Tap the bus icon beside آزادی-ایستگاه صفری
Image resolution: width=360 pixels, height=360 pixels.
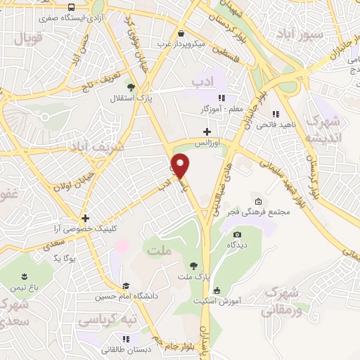pos(71,7)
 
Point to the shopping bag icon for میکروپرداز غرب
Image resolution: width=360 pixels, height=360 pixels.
pos(181,33)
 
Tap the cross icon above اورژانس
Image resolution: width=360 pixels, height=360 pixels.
pos(206,131)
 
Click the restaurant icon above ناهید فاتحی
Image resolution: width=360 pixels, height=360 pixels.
pos(276,114)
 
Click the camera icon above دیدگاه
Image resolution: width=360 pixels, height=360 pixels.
pos(237,234)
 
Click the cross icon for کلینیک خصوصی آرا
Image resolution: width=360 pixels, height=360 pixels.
pos(85,219)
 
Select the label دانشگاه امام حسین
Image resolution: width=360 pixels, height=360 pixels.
pos(135,296)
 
